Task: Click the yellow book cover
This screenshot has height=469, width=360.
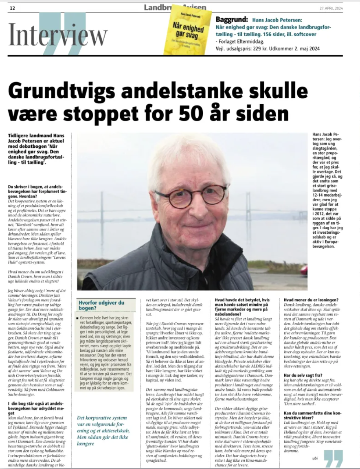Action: point(187,31)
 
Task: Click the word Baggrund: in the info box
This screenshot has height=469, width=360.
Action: point(232,19)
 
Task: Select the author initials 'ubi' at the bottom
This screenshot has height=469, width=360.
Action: point(315,458)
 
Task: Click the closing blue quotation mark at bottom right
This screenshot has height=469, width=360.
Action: point(334,458)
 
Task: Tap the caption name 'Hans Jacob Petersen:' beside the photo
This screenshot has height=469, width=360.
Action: point(325,136)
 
